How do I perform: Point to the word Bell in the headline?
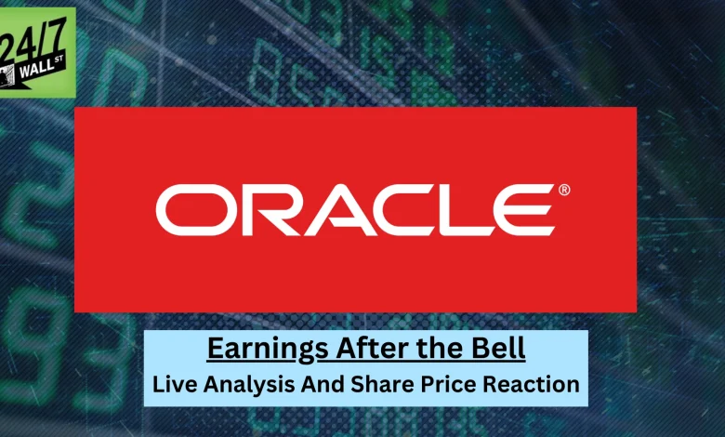tap(501, 349)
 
